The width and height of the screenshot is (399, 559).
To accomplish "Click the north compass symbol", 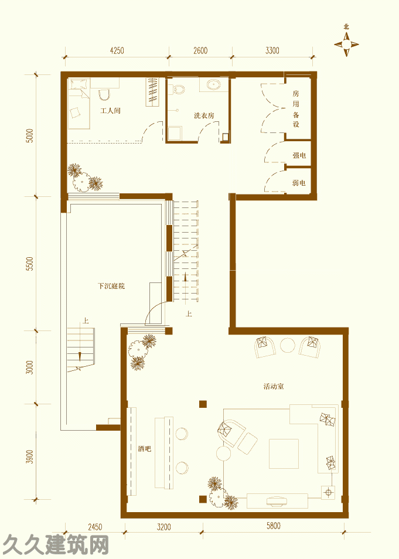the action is (x=346, y=44).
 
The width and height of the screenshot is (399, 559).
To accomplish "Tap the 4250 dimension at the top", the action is (x=117, y=50).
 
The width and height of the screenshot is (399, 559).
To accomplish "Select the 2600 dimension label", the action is (x=200, y=50).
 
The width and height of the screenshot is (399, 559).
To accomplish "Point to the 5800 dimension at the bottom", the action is (x=273, y=526).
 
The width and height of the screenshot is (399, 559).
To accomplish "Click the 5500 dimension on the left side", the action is (x=30, y=264).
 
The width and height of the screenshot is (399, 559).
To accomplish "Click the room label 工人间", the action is (x=110, y=111).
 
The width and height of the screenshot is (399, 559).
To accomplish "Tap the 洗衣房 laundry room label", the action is (x=204, y=115).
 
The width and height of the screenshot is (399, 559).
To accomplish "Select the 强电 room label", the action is (x=299, y=155).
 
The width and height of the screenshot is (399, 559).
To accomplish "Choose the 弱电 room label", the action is (x=299, y=183).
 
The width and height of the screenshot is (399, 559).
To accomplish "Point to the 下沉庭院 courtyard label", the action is (x=111, y=286).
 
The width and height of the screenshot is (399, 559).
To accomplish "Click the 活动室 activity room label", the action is (x=274, y=386).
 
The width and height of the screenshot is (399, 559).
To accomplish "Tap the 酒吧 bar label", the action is (x=144, y=449).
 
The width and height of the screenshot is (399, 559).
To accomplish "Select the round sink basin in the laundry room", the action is (x=214, y=84).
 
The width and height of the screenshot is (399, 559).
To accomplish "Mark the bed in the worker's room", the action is (x=79, y=104).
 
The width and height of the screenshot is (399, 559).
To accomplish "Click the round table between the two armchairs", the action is (x=288, y=345).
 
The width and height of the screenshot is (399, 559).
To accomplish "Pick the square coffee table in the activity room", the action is (x=284, y=454).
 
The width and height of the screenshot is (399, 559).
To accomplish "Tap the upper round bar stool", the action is (x=182, y=434).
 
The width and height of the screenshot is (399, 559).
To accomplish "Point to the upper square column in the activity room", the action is (x=203, y=404).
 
